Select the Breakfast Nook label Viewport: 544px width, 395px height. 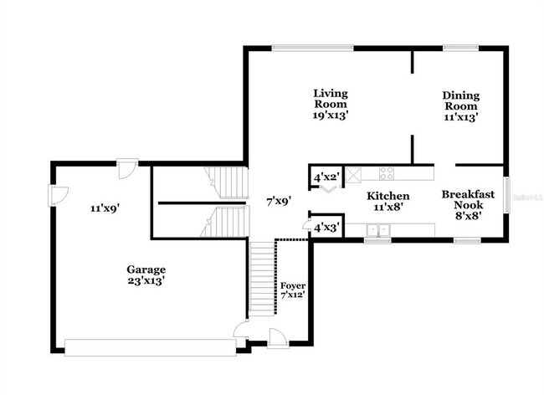pyautogui.click(x=468, y=204)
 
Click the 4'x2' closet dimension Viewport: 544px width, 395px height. pyautogui.click(x=326, y=177)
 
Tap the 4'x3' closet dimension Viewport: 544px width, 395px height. pyautogui.click(x=326, y=227)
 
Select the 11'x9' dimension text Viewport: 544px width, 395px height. pyautogui.click(x=106, y=208)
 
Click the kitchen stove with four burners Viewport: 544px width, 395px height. pyautogui.click(x=387, y=174)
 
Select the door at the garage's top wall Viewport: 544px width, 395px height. pyautogui.click(x=126, y=167)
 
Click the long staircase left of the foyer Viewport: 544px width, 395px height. pyautogui.click(x=263, y=276)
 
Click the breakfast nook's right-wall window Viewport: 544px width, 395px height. pyautogui.click(x=506, y=195)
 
